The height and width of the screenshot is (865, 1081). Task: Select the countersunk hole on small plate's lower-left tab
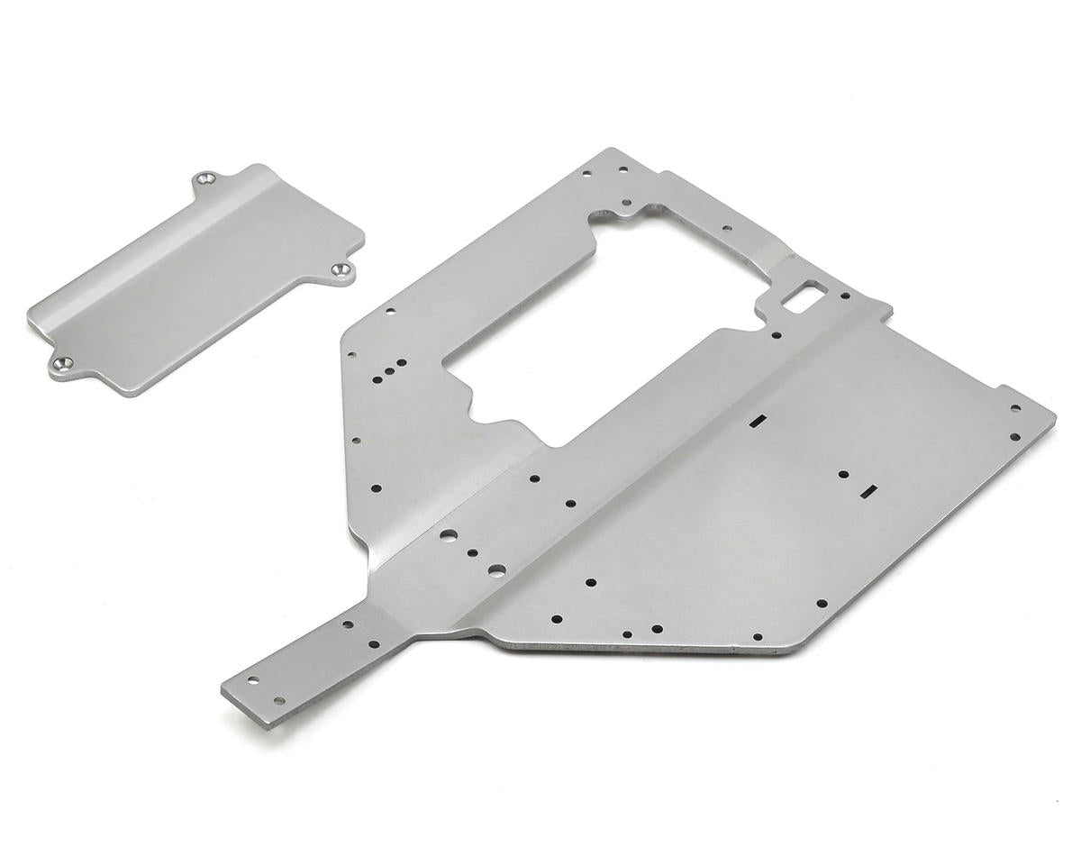click(x=61, y=364)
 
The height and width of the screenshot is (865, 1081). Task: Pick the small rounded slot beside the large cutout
click(x=804, y=295)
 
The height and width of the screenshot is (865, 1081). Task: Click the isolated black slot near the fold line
click(x=759, y=420)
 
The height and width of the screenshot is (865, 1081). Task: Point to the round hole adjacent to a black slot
click(x=843, y=474)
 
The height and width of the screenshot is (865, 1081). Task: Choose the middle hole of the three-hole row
click(x=388, y=369)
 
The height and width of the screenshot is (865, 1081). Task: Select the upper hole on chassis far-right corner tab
click(x=1016, y=408)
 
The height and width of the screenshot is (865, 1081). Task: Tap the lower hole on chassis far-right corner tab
click(x=1015, y=437)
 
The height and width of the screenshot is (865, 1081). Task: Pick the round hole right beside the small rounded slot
click(x=845, y=295)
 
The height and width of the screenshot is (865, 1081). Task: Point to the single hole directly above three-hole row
click(x=389, y=312)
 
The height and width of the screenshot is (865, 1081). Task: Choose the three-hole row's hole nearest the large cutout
click(x=401, y=363)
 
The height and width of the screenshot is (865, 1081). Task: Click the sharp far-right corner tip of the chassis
click(x=1055, y=417)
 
